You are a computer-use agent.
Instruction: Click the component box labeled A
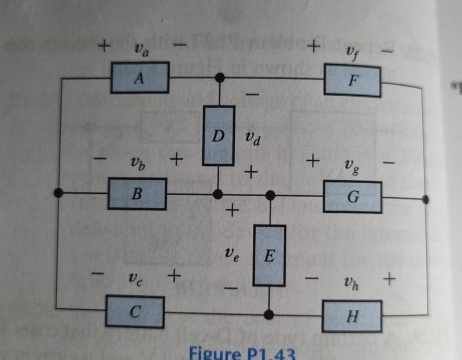pyautogui.click(x=139, y=78)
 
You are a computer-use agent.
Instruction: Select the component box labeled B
pyautogui.click(x=137, y=194)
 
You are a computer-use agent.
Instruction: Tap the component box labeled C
pyautogui.click(x=135, y=312)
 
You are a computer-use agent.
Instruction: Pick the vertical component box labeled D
pyautogui.click(x=218, y=136)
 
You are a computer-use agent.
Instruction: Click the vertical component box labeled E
pyautogui.click(x=269, y=255)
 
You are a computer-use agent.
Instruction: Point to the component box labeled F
pyautogui.click(x=352, y=80)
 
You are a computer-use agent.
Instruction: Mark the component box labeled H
pyautogui.click(x=352, y=316)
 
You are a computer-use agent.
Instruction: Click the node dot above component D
pyautogui.click(x=220, y=78)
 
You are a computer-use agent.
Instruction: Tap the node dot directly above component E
pyautogui.click(x=271, y=195)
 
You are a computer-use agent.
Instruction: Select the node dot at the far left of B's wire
pyautogui.click(x=57, y=192)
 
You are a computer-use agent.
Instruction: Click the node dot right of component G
pyautogui.click(x=425, y=199)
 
